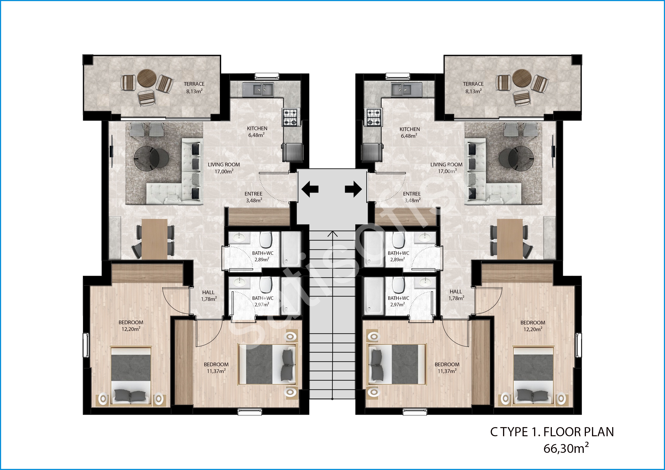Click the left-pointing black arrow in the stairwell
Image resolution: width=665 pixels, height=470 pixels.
310,189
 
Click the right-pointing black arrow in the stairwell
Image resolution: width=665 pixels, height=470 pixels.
353,189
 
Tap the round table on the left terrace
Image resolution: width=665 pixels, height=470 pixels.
147,78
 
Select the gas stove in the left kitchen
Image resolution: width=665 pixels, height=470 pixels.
290,117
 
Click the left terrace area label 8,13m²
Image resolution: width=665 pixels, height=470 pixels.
194,91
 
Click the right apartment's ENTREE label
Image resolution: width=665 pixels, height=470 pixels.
412,194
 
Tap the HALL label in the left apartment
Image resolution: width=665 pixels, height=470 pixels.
209,293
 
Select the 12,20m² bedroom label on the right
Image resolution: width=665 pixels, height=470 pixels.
533,329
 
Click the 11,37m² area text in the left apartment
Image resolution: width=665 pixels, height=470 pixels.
216,371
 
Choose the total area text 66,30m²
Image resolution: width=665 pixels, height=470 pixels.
566,448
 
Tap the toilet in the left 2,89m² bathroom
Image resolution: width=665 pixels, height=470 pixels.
265,239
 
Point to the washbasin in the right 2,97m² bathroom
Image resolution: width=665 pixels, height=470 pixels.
424,282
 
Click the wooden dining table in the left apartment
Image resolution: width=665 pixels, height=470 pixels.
155,239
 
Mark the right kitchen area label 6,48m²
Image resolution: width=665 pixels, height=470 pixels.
409,136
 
